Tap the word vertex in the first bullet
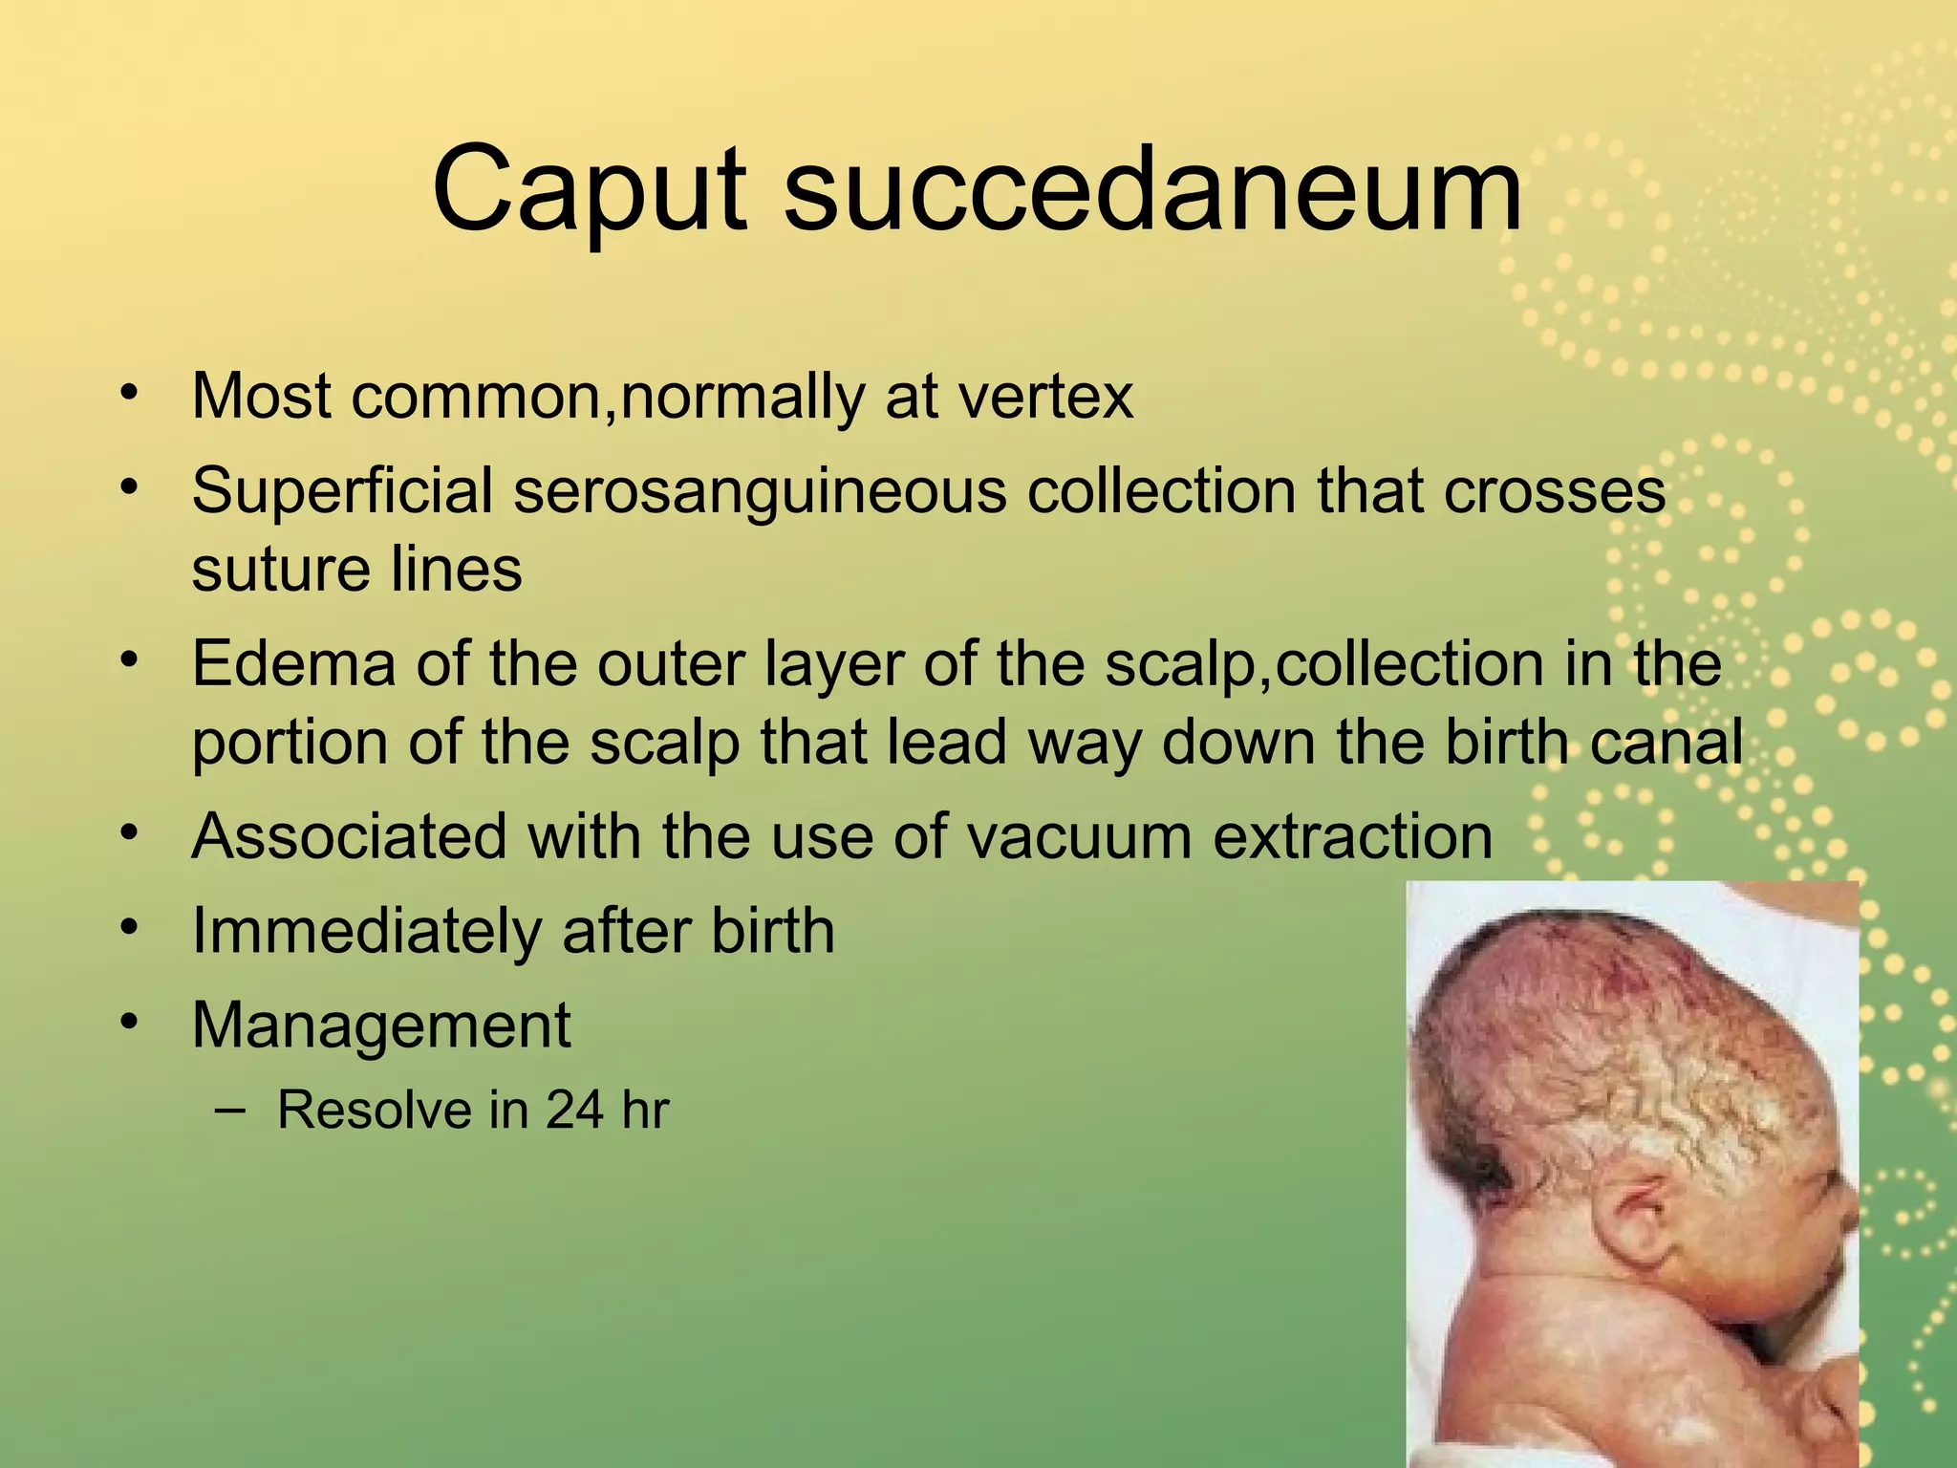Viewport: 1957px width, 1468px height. coord(1045,397)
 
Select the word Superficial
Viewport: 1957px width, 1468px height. coord(341,491)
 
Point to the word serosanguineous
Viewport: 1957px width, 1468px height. coord(760,491)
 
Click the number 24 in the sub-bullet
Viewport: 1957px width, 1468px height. coord(574,1111)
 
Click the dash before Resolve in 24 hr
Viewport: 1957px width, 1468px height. coord(230,1110)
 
